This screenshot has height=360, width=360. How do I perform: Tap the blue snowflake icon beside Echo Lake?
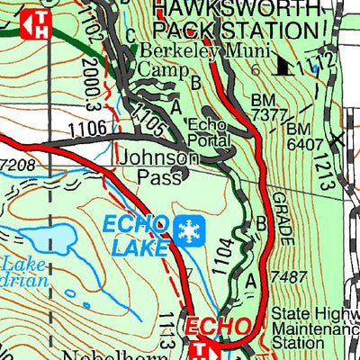[x=189, y=230]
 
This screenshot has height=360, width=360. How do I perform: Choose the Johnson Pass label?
[x=158, y=166]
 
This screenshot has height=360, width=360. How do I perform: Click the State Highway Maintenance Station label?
[x=314, y=328]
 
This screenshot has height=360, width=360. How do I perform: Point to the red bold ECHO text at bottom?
[x=215, y=325]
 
